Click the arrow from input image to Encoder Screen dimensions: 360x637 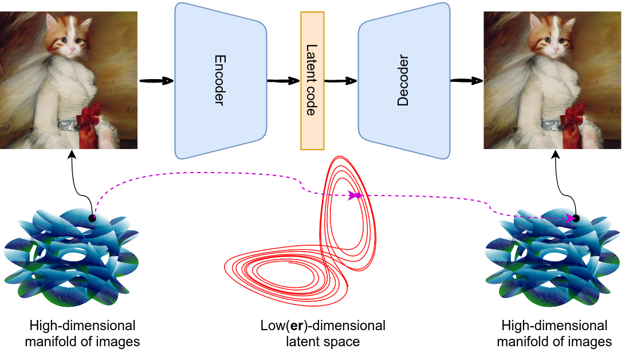[156, 81]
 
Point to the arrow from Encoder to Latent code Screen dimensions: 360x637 [284, 81]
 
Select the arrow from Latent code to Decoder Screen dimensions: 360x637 [341, 81]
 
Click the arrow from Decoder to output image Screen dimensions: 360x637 [466, 81]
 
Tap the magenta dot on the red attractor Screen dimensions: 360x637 [358, 195]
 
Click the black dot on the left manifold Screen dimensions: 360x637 [92, 218]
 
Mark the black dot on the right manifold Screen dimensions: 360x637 [576, 218]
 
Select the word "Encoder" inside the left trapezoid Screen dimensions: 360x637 [219, 80]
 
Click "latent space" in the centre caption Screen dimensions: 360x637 [323, 342]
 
